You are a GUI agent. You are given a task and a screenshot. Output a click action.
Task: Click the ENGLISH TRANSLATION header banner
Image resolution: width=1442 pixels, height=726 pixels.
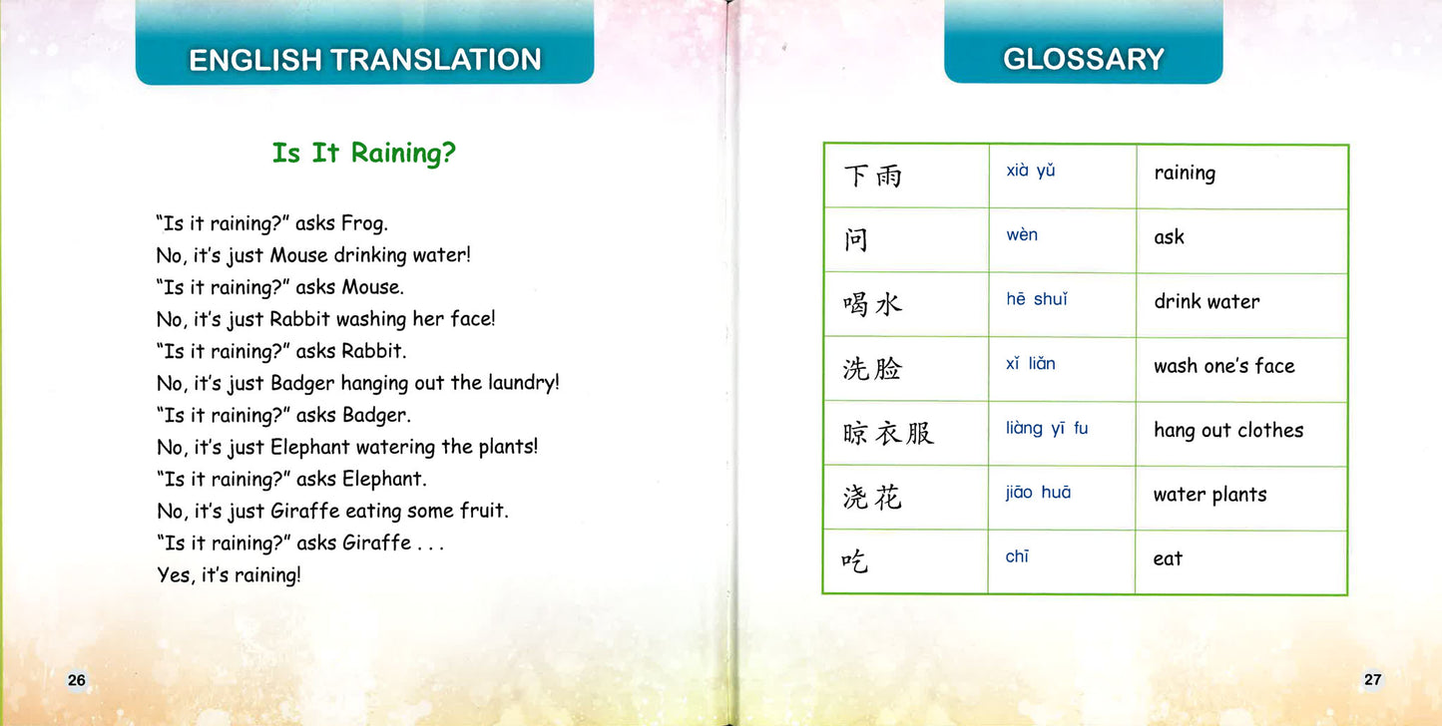tap(364, 60)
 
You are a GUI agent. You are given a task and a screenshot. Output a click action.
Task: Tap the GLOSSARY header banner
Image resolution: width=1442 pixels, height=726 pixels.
tap(1083, 60)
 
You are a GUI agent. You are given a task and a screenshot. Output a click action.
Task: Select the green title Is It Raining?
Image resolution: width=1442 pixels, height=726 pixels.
tap(364, 154)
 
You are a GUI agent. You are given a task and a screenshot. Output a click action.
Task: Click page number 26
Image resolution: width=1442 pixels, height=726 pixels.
tap(77, 680)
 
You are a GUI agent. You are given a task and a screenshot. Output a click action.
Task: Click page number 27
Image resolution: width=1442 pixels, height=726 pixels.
tap(1372, 680)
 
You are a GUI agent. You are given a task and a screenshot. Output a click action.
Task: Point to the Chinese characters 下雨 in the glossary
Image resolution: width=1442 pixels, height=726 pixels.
tap(872, 177)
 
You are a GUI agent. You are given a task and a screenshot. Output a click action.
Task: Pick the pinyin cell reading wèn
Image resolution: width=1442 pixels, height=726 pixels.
tap(1022, 235)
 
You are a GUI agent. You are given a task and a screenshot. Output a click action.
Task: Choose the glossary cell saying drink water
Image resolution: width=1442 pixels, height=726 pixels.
tap(1206, 301)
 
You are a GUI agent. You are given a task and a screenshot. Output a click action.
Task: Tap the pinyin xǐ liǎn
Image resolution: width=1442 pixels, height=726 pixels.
tap(1030, 364)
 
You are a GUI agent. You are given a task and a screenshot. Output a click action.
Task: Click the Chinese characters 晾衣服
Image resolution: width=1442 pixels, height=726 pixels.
tap(888, 433)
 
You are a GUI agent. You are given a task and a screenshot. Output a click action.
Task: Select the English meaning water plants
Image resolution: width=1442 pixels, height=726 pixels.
tap(1209, 495)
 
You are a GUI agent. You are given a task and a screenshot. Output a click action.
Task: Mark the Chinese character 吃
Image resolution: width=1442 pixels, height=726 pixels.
tap(855, 561)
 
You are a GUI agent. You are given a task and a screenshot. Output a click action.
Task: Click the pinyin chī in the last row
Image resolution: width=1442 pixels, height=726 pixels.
tap(1017, 556)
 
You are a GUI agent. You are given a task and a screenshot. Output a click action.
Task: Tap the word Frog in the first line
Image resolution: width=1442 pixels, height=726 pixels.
tap(363, 224)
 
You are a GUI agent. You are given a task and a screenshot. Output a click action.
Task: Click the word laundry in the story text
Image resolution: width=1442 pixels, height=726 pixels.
tap(523, 383)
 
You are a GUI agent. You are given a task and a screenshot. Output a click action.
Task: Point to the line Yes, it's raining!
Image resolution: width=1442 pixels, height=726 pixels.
tap(229, 575)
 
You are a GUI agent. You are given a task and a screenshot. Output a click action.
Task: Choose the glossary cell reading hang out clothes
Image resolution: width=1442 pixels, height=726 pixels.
tap(1228, 430)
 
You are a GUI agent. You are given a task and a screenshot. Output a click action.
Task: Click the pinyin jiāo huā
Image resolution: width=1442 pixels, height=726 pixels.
tap(1038, 493)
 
